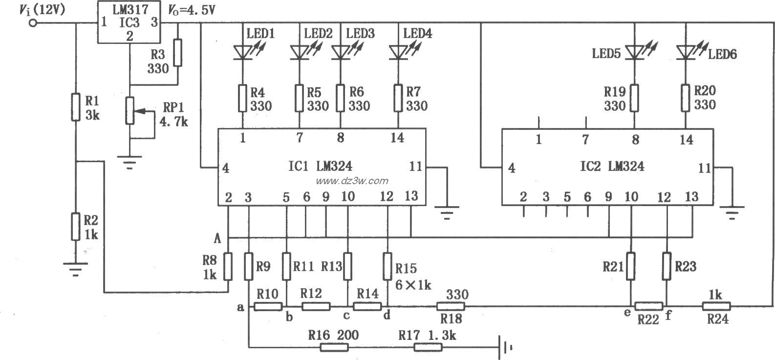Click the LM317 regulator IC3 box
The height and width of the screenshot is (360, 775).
(129, 22)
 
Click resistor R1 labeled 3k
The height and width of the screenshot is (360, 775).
(75, 107)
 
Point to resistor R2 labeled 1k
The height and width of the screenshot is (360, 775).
(75, 226)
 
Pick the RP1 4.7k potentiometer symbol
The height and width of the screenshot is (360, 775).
(130, 111)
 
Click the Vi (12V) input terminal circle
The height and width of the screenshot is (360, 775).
(33, 22)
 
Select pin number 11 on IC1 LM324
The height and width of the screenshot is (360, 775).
(415, 167)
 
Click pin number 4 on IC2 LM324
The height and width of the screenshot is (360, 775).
(512, 168)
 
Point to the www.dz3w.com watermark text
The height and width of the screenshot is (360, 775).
(352, 181)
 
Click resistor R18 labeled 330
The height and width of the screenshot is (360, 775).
(450, 307)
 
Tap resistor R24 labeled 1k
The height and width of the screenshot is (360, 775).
(716, 306)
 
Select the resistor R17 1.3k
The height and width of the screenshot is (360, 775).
(428, 347)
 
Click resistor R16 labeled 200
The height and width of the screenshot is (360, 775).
(334, 347)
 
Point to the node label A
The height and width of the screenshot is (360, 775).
(217, 238)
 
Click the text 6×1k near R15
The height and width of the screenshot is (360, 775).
(413, 285)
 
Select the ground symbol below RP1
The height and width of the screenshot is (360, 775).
(129, 161)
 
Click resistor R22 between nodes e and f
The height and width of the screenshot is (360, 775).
(648, 307)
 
